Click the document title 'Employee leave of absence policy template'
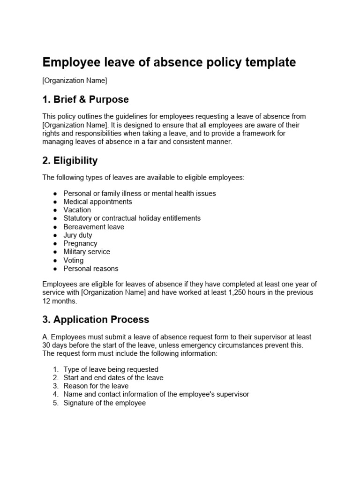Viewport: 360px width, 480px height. click(x=169, y=62)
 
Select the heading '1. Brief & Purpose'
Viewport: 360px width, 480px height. click(x=85, y=99)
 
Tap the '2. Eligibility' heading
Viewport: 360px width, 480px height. click(x=70, y=161)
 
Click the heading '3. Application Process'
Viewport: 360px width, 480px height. click(x=96, y=320)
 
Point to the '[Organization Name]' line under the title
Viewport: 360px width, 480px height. click(x=75, y=81)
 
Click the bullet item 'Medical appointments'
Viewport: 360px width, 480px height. click(x=97, y=202)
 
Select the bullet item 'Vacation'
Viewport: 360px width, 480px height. click(x=77, y=210)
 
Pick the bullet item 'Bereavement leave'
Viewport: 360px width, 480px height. click(x=94, y=227)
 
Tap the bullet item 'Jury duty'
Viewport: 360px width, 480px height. click(x=78, y=235)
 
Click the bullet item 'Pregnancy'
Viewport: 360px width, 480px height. click(x=80, y=243)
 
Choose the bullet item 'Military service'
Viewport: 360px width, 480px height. click(x=87, y=252)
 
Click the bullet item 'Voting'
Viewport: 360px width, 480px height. click(x=74, y=260)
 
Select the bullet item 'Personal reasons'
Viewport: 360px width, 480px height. click(x=91, y=269)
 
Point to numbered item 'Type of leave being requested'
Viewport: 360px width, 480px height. click(x=111, y=369)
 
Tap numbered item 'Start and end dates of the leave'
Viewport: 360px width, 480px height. click(x=113, y=378)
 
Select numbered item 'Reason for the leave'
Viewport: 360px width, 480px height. click(x=96, y=386)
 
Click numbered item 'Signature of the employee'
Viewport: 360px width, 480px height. click(x=105, y=403)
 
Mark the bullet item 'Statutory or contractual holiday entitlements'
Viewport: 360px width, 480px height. click(x=132, y=218)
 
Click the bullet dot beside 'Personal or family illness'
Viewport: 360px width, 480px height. click(x=55, y=194)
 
